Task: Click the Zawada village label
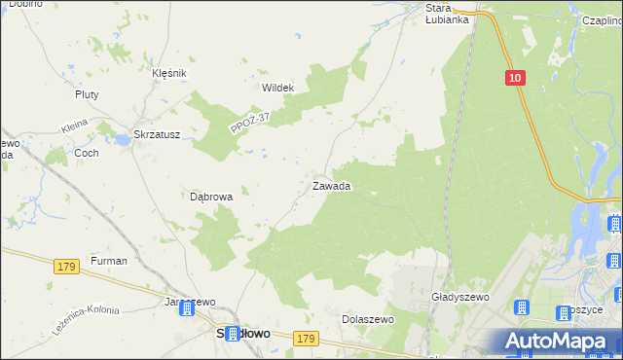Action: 331,186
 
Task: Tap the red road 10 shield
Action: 515,77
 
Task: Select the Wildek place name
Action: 277,88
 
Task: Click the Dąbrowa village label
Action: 211,197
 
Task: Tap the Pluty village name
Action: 88,94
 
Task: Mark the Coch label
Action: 86,153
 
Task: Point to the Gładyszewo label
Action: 458,297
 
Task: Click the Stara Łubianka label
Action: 448,13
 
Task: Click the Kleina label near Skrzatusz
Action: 74,126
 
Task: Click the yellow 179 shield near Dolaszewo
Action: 307,338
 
